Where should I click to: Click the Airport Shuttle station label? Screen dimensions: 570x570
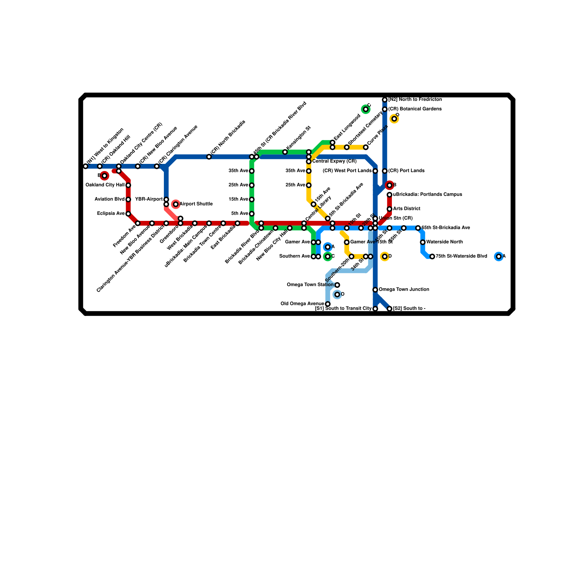(196, 204)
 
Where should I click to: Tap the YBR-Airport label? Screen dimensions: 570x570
(149, 199)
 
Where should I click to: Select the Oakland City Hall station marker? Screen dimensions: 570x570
(128, 185)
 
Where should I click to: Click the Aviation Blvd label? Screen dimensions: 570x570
(110, 199)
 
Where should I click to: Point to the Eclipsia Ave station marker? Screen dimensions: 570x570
(128, 214)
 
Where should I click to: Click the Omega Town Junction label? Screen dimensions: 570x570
(404, 289)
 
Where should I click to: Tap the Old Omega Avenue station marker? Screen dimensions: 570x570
(328, 304)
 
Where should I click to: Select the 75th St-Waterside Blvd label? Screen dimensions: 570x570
(461, 256)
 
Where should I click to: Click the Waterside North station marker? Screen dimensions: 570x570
(423, 242)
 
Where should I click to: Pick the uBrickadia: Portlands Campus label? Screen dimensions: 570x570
(427, 195)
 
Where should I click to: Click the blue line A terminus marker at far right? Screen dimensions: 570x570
(499, 256)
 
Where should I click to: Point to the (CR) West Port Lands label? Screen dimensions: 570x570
(347, 171)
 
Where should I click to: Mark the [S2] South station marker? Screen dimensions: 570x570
(389, 309)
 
